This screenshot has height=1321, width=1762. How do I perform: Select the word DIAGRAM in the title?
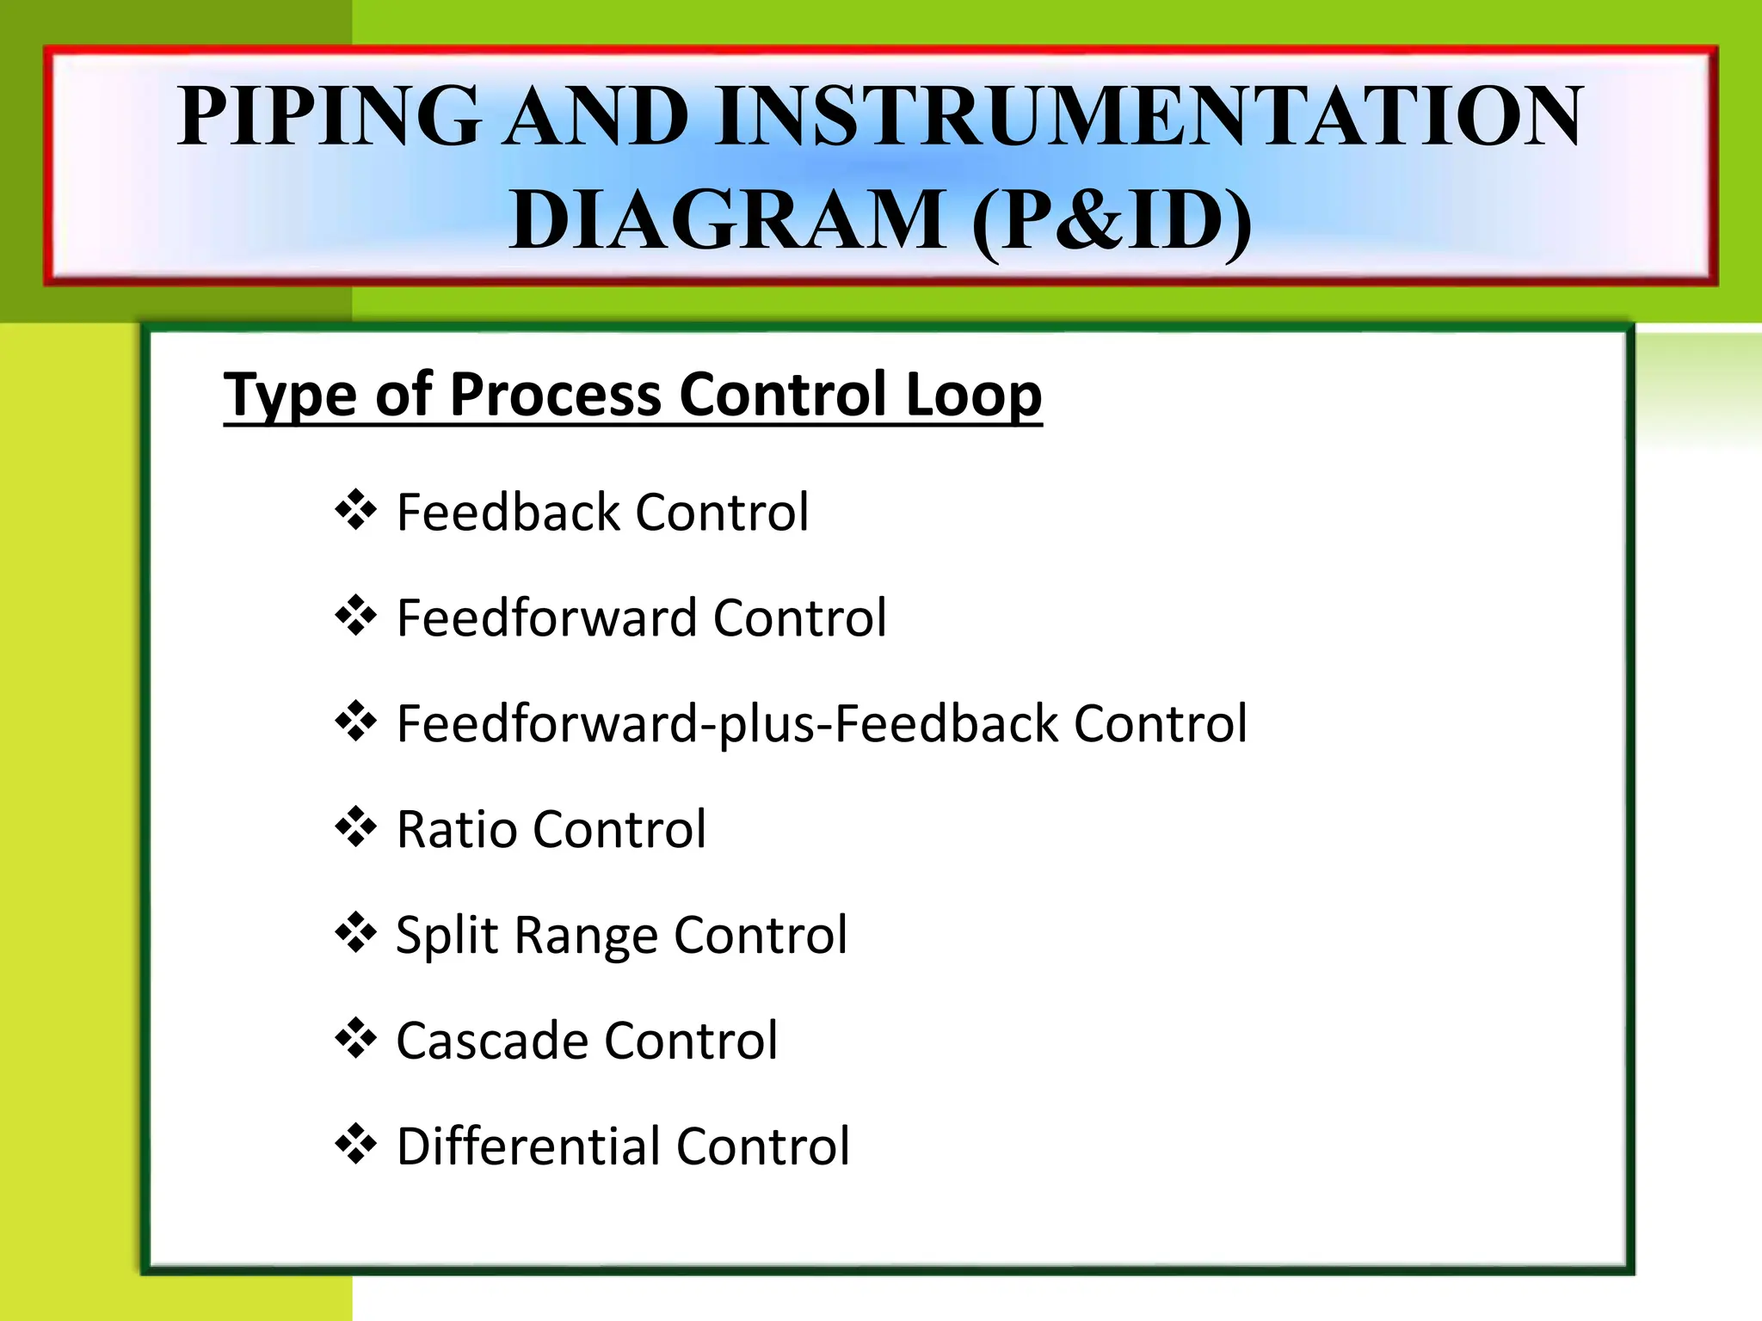point(727,220)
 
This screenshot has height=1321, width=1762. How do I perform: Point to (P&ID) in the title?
point(1112,222)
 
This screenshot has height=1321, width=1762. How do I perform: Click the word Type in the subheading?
point(290,396)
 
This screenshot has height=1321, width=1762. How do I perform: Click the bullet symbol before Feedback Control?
point(355,511)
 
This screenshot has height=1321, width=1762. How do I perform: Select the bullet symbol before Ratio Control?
point(355,827)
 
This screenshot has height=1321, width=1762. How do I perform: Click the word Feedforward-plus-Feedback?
point(726,723)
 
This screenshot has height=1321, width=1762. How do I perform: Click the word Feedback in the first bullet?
point(508,513)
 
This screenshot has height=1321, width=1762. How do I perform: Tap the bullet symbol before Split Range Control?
point(355,933)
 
